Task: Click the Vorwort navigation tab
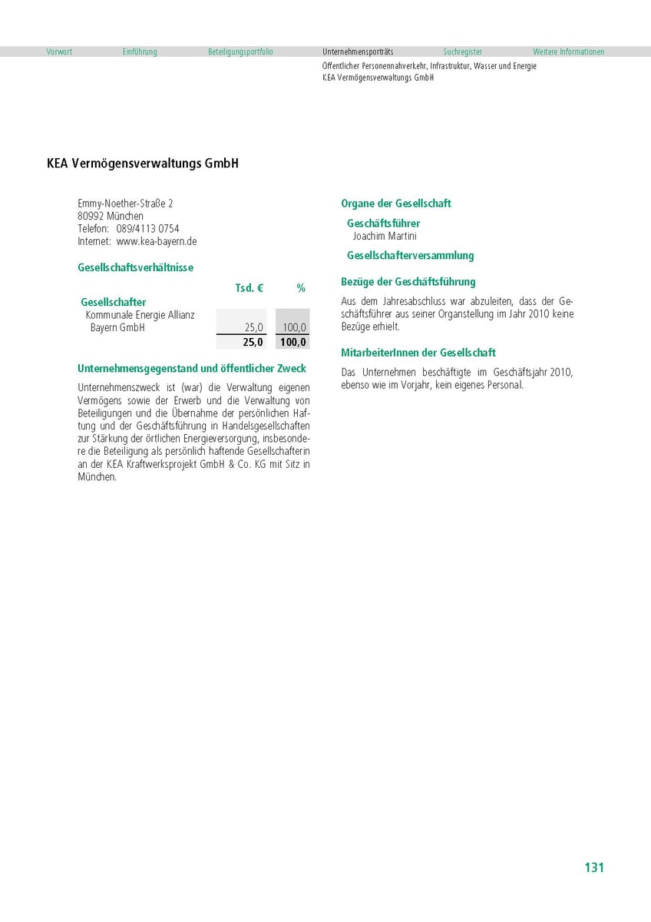click(59, 52)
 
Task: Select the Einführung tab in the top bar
click(140, 52)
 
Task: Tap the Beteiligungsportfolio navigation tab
click(240, 52)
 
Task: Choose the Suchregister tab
click(463, 52)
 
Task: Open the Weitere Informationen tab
click(568, 52)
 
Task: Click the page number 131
click(594, 867)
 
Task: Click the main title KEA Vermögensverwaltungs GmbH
click(143, 164)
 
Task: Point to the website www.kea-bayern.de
click(157, 241)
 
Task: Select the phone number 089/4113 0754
click(148, 229)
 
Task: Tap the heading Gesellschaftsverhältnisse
click(136, 268)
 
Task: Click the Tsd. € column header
click(249, 288)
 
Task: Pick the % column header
click(301, 288)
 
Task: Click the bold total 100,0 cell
click(293, 343)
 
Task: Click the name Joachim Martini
click(385, 237)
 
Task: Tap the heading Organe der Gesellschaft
click(396, 204)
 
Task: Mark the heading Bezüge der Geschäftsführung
click(408, 282)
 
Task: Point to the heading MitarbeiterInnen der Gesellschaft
click(418, 353)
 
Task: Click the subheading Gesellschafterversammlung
click(411, 256)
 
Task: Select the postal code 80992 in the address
click(91, 217)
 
